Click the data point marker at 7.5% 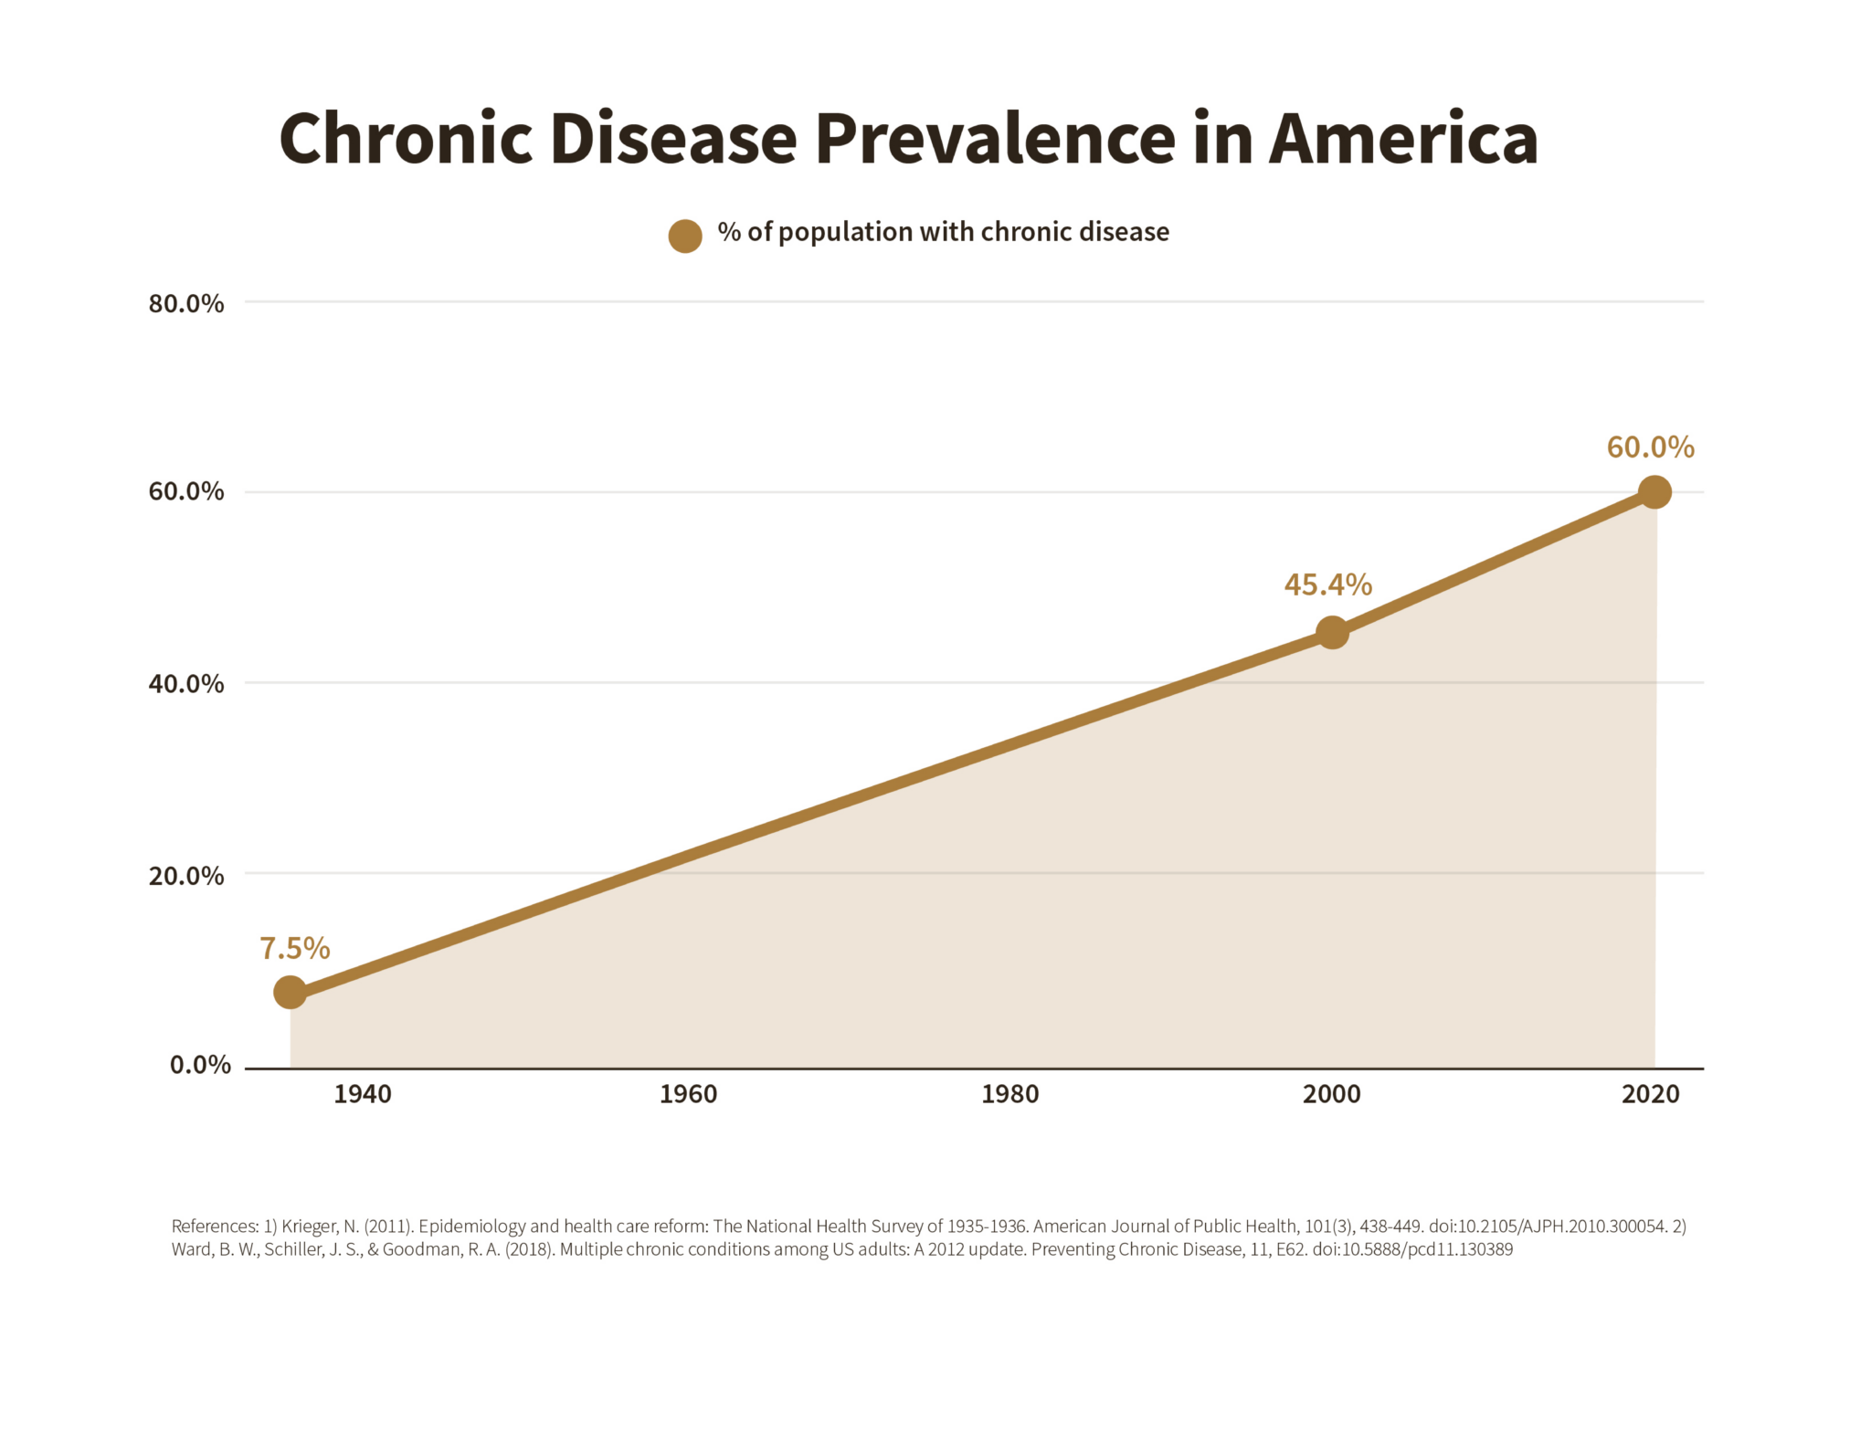pyautogui.click(x=290, y=992)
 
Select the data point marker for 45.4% pyautogui.click(x=1332, y=632)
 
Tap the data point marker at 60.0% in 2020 pyautogui.click(x=1654, y=492)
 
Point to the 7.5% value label pyautogui.click(x=294, y=949)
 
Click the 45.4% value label pyautogui.click(x=1327, y=584)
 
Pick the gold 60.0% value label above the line pyautogui.click(x=1650, y=447)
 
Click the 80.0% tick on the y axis pyautogui.click(x=186, y=303)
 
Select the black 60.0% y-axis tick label pyautogui.click(x=186, y=491)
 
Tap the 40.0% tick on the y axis pyautogui.click(x=186, y=683)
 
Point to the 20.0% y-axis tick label pyautogui.click(x=186, y=876)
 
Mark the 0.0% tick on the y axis pyautogui.click(x=200, y=1065)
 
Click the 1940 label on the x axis pyautogui.click(x=363, y=1094)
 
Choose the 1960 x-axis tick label pyautogui.click(x=688, y=1094)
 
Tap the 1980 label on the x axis pyautogui.click(x=1009, y=1094)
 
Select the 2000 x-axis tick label pyautogui.click(x=1331, y=1094)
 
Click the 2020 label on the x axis pyautogui.click(x=1650, y=1094)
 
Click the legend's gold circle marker pyautogui.click(x=685, y=236)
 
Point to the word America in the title pyautogui.click(x=1402, y=139)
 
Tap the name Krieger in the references pyautogui.click(x=309, y=1227)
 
